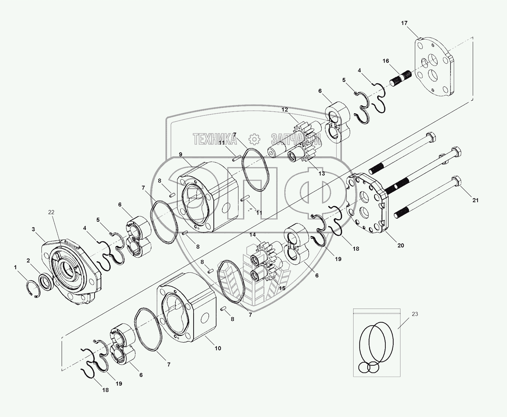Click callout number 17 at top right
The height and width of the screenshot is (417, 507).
[404, 23]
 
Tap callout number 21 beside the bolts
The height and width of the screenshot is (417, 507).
[475, 200]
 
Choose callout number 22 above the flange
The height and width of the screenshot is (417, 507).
[51, 212]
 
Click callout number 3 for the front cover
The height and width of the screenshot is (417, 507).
[33, 229]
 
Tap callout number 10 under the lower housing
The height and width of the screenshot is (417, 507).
[218, 348]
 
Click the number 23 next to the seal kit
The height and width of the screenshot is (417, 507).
[415, 314]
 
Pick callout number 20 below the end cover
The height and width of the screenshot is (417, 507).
[400, 245]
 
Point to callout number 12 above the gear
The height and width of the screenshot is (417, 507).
[285, 110]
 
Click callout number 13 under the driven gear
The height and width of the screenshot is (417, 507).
[321, 173]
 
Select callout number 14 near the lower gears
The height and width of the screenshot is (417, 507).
[252, 235]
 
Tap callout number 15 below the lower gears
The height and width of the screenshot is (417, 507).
[282, 288]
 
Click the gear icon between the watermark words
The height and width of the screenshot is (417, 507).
[254, 139]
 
